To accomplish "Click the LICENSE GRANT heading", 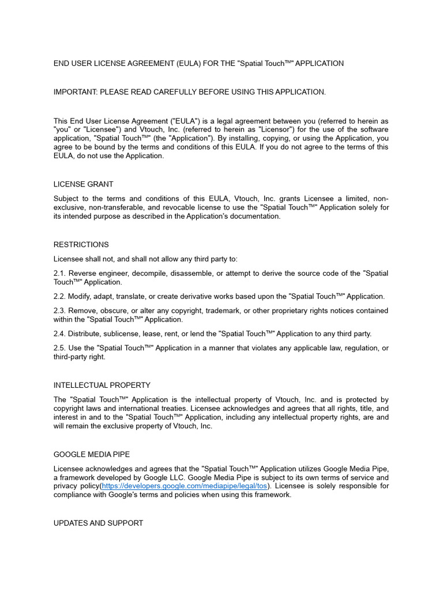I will coord(83,184).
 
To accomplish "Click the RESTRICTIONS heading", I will coord(81,245).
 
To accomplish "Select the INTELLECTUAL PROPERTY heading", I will coord(102,385).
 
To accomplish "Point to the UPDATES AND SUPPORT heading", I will coord(98,523).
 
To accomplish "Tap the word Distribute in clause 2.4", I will coord(86,334).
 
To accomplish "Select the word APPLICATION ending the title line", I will coord(320,63).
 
